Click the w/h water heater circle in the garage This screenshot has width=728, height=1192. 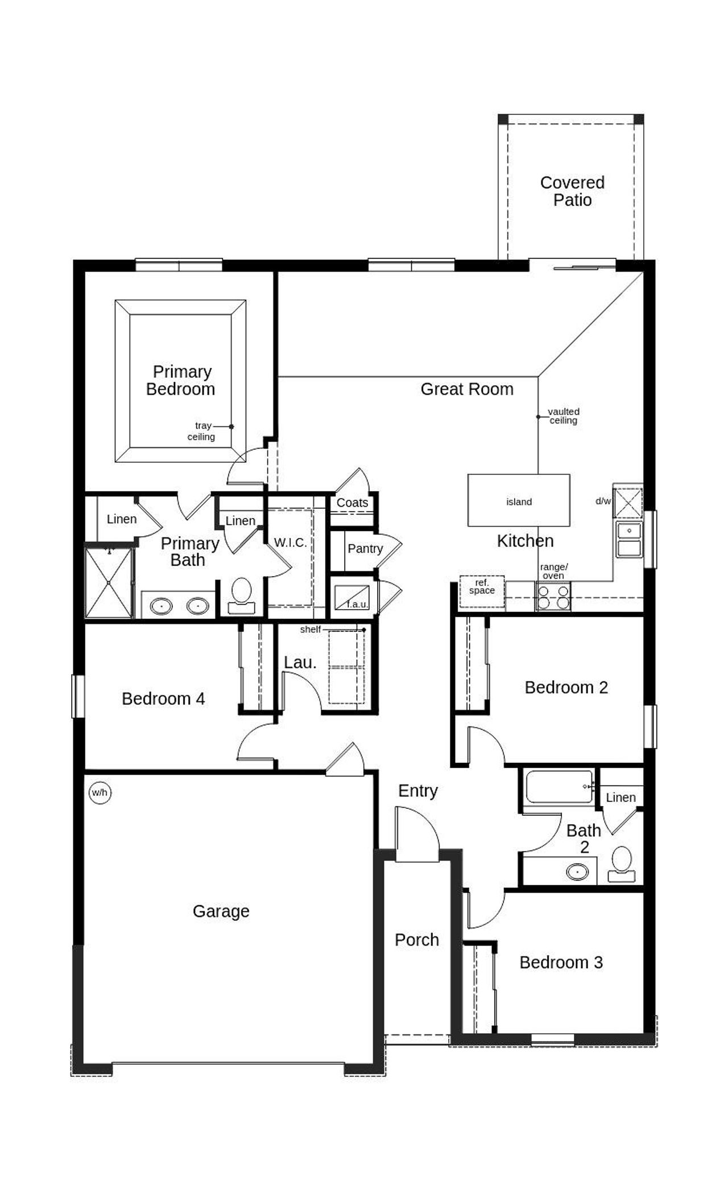(100, 792)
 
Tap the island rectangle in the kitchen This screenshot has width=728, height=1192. (519, 500)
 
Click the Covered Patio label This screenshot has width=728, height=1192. (572, 191)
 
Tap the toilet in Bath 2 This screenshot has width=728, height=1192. (622, 864)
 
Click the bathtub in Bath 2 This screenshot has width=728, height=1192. (560, 787)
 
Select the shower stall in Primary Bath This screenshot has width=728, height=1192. (109, 583)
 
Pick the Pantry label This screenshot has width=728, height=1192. (365, 549)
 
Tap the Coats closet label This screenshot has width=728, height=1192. (352, 503)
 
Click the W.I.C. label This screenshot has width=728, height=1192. (290, 542)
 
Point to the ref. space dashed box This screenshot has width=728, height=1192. (482, 591)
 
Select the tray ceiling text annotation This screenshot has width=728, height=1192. (201, 431)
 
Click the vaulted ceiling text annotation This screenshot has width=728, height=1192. (563, 416)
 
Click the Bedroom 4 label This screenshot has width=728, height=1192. (163, 698)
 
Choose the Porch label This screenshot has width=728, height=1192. (417, 940)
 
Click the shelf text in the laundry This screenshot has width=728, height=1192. (311, 630)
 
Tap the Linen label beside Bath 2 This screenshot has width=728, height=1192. (621, 798)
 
